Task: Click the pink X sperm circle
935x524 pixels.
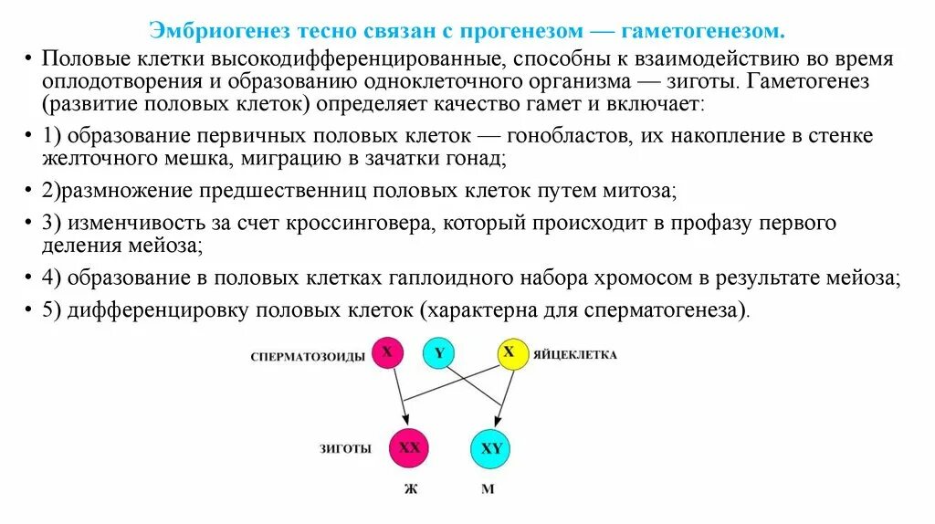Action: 387,353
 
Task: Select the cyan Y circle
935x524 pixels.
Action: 438,353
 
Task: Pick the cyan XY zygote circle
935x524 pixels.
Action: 490,449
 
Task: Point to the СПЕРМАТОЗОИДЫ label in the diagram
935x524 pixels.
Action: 308,356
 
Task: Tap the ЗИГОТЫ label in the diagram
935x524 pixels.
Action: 344,449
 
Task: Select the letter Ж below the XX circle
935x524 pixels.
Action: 410,488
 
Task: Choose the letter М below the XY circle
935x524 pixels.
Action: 488,488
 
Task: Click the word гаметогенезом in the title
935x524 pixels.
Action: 703,32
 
